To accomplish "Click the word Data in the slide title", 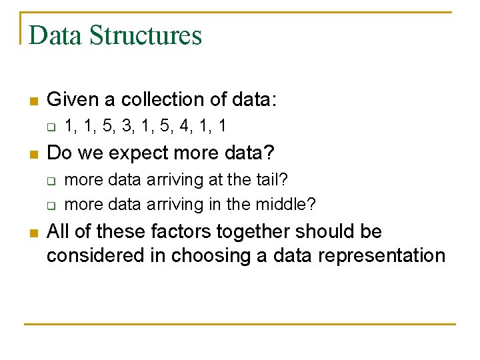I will (x=55, y=35).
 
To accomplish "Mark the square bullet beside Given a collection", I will (x=32, y=101).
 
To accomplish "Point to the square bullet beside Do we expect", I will (x=32, y=154).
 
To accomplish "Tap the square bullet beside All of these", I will (x=32, y=233).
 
